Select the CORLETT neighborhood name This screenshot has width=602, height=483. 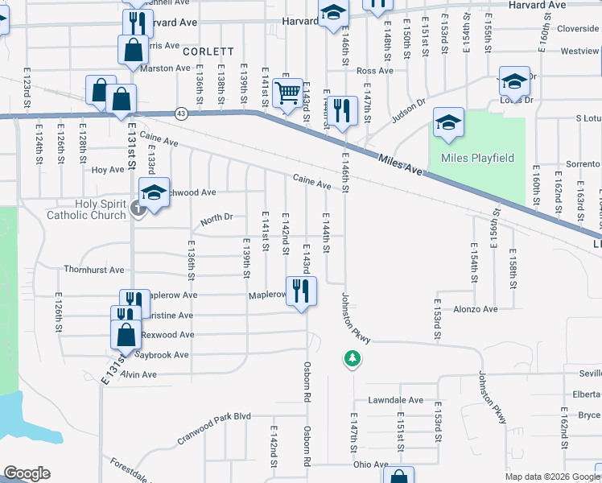point(208,51)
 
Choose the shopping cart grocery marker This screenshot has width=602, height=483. point(287,94)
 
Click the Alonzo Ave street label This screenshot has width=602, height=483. point(476,309)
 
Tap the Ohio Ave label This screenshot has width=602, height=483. point(370,464)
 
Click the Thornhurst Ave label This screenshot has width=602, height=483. point(94,270)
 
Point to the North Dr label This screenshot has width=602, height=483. point(216,217)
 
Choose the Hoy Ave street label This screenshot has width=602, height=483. point(107,170)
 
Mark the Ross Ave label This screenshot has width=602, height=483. point(374,71)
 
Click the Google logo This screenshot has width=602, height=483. point(27,473)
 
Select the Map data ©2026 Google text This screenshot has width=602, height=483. point(551,477)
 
